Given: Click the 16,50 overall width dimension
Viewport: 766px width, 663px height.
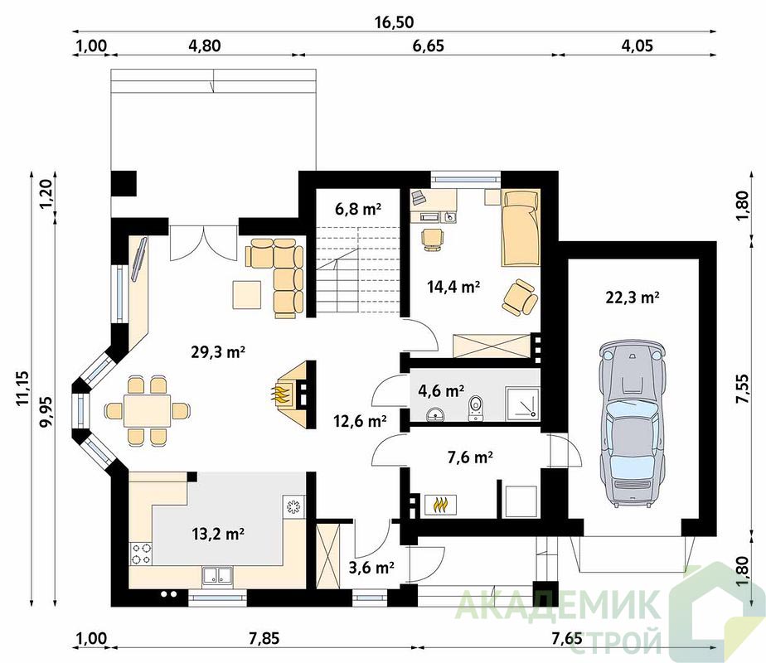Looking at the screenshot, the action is coord(394,22).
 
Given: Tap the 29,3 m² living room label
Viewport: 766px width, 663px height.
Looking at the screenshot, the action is coord(218,351).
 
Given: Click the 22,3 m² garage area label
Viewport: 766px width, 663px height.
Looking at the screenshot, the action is coord(633,297).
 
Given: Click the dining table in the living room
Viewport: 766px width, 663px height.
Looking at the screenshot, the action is coord(147,411).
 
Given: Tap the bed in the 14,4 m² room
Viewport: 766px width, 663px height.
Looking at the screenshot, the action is coord(521,228).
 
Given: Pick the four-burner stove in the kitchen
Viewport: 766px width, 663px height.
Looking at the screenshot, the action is coord(141,554).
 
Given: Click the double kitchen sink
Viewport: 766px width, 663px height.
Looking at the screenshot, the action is coord(217,576).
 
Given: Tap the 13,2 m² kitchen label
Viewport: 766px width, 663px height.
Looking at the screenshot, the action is coord(218,534).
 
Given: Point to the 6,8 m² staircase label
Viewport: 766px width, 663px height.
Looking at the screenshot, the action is coord(358,209).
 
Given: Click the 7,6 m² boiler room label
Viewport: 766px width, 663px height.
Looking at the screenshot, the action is coord(470,457).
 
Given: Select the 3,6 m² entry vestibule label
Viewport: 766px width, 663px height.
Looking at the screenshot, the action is coord(371,568).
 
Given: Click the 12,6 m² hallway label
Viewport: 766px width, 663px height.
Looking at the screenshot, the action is coord(360,420).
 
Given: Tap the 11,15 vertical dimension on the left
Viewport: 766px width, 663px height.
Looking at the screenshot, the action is coord(22,388).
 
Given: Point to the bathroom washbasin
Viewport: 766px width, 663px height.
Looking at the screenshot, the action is coord(435,414).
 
